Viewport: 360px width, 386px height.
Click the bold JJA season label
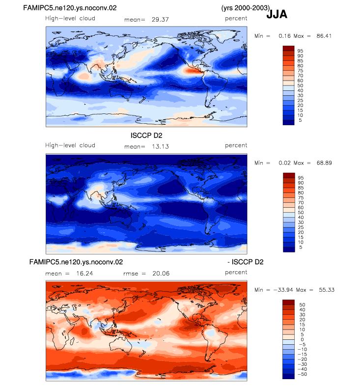(277, 14)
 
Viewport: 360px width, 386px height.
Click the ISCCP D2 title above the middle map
(146, 136)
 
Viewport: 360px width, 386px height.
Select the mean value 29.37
(160, 20)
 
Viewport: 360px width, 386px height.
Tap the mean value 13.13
(160, 146)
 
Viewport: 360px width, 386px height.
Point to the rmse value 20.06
(161, 274)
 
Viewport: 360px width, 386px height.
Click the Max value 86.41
(324, 36)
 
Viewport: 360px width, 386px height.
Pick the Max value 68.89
(324, 163)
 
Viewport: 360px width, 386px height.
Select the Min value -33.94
(283, 290)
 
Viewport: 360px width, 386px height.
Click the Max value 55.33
(327, 290)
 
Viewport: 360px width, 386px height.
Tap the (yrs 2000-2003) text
(246, 8)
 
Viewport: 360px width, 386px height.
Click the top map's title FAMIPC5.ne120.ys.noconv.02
(70, 8)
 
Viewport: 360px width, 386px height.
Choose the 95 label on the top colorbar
(300, 51)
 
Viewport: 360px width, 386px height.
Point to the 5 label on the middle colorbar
(301, 247)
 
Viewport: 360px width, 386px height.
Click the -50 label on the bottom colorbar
(302, 374)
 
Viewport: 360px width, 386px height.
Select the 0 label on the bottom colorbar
(302, 339)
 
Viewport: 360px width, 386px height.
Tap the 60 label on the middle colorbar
(301, 208)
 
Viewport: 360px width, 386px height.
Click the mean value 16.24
(84, 274)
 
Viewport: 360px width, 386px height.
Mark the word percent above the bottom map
(236, 272)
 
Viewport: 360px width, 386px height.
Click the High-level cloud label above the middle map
(70, 145)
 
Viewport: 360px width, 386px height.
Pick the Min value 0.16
(284, 36)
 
